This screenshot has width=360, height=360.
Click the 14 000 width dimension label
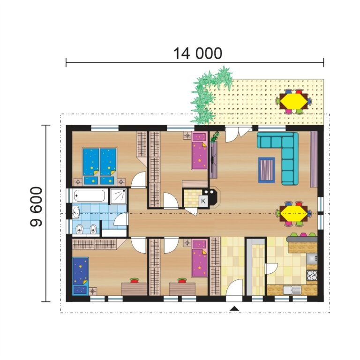[198, 53]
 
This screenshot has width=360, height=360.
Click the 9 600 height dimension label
[36, 207]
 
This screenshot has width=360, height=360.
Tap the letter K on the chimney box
[203, 201]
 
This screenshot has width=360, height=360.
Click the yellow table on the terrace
[294, 101]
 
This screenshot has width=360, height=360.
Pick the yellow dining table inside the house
[294, 213]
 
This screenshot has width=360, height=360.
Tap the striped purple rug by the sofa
[266, 169]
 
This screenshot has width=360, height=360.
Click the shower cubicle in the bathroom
[118, 196]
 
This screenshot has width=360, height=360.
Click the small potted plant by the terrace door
[216, 137]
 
